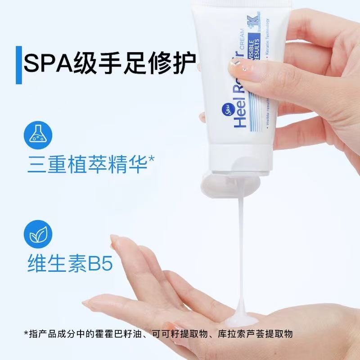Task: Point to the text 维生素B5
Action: click(67, 262)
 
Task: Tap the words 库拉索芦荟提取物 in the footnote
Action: click(255, 334)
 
